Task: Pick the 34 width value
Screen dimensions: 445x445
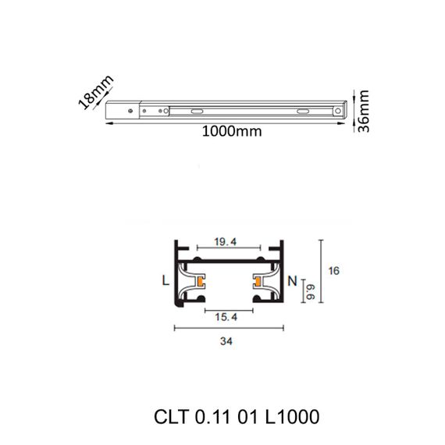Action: pyautogui.click(x=227, y=341)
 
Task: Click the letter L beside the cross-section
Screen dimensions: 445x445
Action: pyautogui.click(x=165, y=279)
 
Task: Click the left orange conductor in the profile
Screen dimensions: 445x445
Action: pyautogui.click(x=201, y=279)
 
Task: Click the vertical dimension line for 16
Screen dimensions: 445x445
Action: pyautogui.click(x=320, y=270)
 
